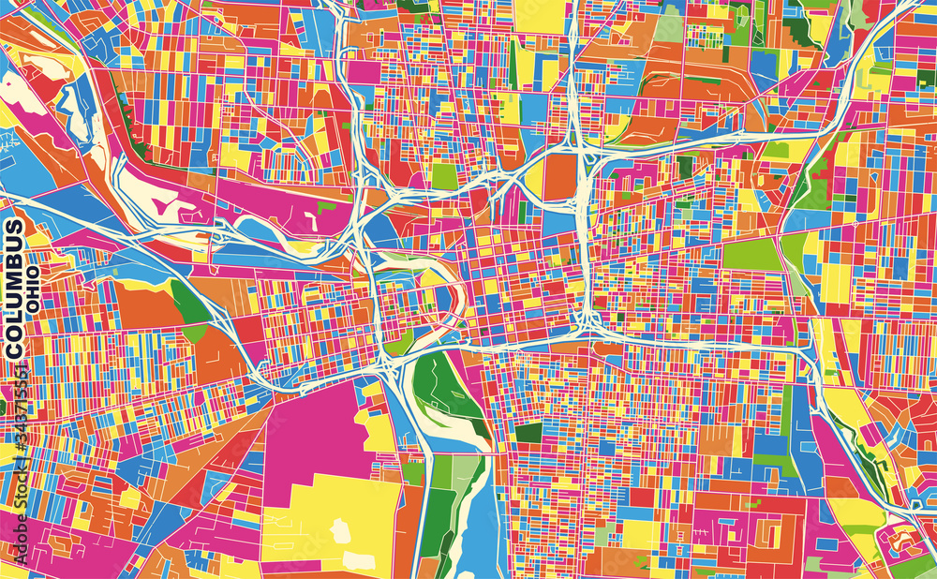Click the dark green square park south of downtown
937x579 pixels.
pyautogui.click(x=528, y=433)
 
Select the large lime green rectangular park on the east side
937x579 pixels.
pyautogui.click(x=751, y=254)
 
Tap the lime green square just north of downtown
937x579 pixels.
pyautogui.click(x=444, y=176)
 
